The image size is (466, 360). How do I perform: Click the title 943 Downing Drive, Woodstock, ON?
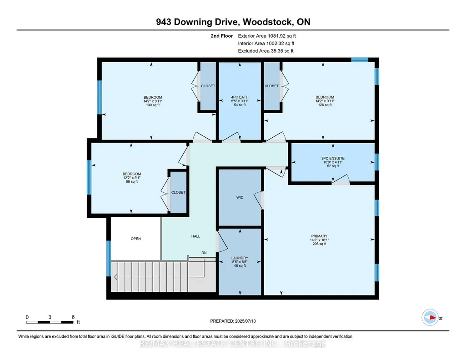(x=233, y=22)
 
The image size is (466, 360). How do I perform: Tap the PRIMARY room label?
(x=320, y=236)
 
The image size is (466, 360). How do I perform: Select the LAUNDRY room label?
(x=240, y=258)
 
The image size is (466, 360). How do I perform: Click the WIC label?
(x=240, y=198)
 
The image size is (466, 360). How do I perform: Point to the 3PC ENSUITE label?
(x=333, y=159)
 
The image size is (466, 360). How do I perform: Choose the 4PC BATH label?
(x=240, y=97)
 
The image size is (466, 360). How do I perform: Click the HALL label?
(x=195, y=236)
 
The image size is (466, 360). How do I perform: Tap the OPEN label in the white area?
(x=136, y=239)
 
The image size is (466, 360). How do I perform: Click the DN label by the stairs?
(x=204, y=253)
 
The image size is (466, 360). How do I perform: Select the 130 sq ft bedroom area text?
(x=153, y=105)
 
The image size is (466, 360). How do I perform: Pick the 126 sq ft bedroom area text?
(x=325, y=105)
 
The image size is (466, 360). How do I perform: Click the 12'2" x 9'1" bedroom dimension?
(x=132, y=178)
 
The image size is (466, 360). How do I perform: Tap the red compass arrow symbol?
(x=433, y=318)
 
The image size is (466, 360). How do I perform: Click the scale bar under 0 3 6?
(x=50, y=322)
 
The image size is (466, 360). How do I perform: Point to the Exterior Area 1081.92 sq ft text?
(x=267, y=36)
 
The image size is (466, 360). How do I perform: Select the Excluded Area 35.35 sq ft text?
(x=266, y=51)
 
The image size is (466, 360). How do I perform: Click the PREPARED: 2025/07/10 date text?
(x=233, y=321)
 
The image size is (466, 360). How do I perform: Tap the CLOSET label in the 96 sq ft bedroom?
(x=178, y=192)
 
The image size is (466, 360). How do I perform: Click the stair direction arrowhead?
(x=115, y=277)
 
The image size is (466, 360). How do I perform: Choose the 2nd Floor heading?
(x=222, y=36)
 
